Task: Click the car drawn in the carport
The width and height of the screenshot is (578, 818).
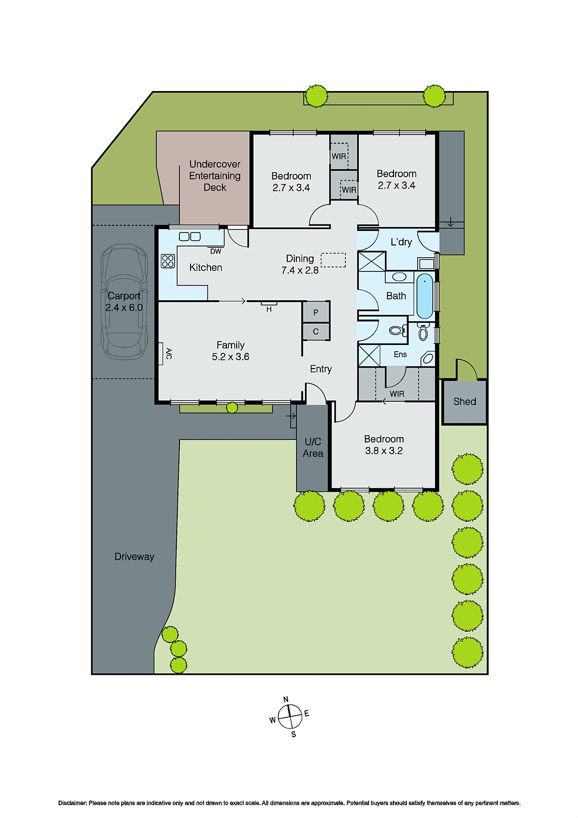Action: [x=124, y=302]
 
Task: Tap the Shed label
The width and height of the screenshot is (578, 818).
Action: [x=465, y=402]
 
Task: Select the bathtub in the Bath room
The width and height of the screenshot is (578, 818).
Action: [x=425, y=297]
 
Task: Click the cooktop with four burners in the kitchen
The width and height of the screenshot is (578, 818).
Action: [x=168, y=261]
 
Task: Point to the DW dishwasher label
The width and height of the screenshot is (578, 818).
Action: [x=216, y=252]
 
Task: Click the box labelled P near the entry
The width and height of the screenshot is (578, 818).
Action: [x=316, y=312]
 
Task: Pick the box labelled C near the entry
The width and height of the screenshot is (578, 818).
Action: [x=316, y=332]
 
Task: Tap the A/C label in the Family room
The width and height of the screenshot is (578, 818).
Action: [x=169, y=353]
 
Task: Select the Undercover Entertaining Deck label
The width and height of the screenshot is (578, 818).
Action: [x=215, y=176]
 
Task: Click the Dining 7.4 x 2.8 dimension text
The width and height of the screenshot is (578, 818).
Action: [x=300, y=270]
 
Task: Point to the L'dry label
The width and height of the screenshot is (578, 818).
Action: [x=401, y=242]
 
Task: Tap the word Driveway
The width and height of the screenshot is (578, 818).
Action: [x=134, y=557]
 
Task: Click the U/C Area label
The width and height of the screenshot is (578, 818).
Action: [x=313, y=447]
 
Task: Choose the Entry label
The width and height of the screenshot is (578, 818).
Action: [x=321, y=369]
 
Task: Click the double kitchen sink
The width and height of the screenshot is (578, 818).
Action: [x=190, y=236]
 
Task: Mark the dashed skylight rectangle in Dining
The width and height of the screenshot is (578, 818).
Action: [x=333, y=260]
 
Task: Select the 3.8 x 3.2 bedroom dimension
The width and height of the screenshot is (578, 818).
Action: [x=384, y=451]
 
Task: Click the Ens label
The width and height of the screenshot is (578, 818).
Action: [x=400, y=354]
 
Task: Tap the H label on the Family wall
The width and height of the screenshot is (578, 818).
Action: [x=269, y=309]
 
